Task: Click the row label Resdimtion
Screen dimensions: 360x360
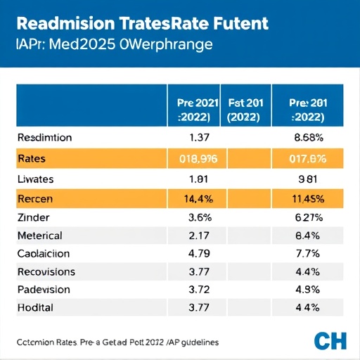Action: click(x=45, y=139)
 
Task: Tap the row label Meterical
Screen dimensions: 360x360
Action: click(x=39, y=236)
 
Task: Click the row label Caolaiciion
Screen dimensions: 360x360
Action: click(x=44, y=253)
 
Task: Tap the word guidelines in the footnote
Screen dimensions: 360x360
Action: click(x=193, y=342)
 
